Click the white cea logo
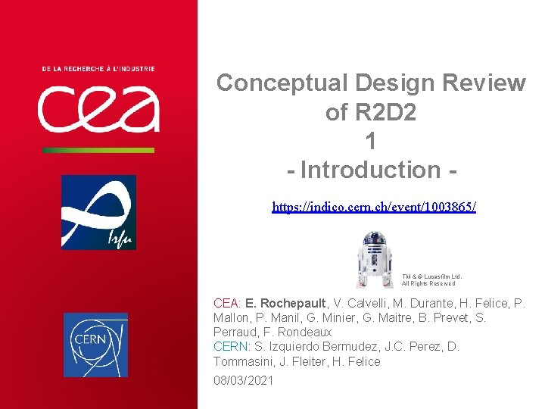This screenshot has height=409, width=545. tap(98, 108)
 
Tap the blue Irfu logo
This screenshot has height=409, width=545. tap(98, 212)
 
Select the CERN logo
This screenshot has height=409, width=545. tap(95, 345)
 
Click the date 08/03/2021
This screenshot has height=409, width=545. tap(243, 380)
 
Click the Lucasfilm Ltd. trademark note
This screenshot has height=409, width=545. tap(431, 280)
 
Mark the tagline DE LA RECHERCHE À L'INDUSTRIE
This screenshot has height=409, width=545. tap(98, 69)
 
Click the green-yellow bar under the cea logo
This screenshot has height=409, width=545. tap(98, 150)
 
